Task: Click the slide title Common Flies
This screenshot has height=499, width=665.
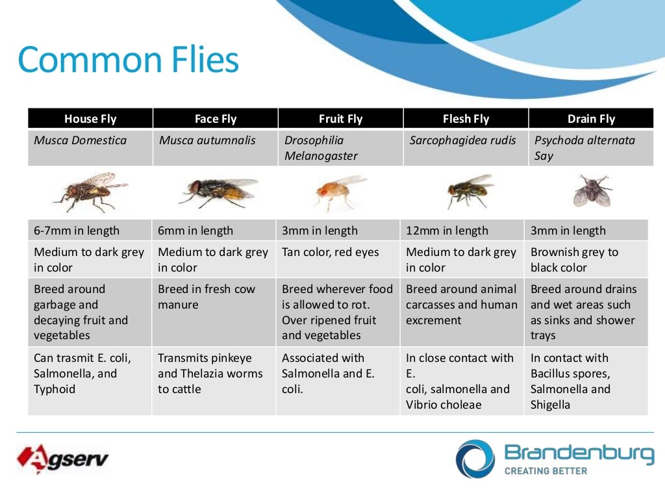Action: pos(129,60)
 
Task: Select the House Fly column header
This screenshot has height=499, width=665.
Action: pos(90,119)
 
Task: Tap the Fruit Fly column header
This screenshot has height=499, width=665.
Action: pos(340,119)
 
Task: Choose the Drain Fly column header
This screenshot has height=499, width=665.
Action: pos(590,119)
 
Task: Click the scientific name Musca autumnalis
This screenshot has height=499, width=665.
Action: pos(207,140)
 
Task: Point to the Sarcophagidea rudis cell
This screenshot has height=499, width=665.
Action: pos(462,140)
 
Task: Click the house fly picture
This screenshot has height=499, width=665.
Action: pos(90,192)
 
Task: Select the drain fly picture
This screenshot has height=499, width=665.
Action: pos(592,191)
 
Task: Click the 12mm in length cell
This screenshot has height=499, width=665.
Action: pos(447,231)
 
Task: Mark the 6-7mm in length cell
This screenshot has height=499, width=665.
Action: pos(77,231)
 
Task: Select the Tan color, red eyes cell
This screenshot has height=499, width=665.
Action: pos(330,252)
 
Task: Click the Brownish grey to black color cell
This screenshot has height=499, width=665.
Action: pos(574,260)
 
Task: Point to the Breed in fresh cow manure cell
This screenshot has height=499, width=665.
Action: pos(207,297)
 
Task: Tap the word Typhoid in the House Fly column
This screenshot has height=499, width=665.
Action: pos(55,389)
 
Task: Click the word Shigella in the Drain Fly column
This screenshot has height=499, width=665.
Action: pos(550,405)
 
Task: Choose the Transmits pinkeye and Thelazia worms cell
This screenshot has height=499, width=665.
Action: pos(210,374)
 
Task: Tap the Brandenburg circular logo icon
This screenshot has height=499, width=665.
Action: pos(475,459)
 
